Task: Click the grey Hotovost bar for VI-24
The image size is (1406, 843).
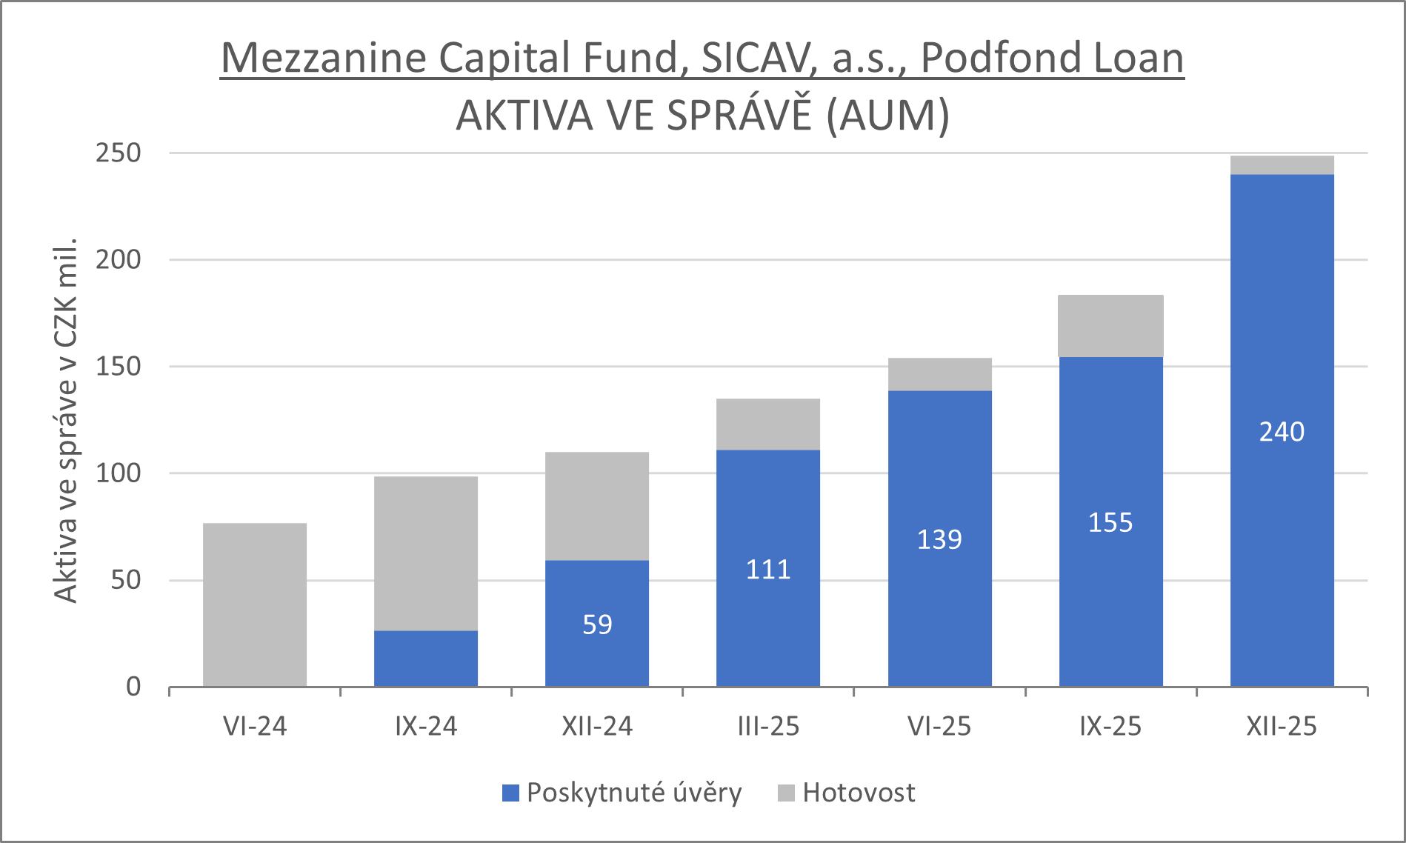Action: [x=255, y=604]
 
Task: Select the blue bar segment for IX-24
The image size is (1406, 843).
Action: [x=426, y=658]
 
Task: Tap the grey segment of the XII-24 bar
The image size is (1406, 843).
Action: [x=597, y=506]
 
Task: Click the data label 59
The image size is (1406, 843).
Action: [x=597, y=624]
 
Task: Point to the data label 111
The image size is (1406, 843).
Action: [x=768, y=570]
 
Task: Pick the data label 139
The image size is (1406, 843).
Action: [x=939, y=539]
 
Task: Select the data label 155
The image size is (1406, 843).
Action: [x=1110, y=523]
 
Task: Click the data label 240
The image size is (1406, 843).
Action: [x=1282, y=432]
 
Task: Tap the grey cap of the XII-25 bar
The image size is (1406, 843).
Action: [x=1282, y=165]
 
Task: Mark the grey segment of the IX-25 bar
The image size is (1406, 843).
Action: [x=1110, y=326]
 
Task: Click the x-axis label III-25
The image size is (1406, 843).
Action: [x=768, y=727]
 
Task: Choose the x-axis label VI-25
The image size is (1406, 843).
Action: [x=939, y=727]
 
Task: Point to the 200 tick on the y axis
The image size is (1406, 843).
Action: [x=118, y=259]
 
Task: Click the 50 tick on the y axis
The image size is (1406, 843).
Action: [x=125, y=580]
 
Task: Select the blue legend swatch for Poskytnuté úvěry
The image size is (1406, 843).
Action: [x=510, y=793]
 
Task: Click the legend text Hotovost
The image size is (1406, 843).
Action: [x=859, y=793]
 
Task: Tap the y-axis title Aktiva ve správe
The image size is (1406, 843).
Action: [x=65, y=421]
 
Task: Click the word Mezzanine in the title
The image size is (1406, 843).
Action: [x=324, y=58]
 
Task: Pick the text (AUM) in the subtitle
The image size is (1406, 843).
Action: [x=887, y=116]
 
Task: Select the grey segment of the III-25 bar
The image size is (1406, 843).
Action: [x=768, y=424]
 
